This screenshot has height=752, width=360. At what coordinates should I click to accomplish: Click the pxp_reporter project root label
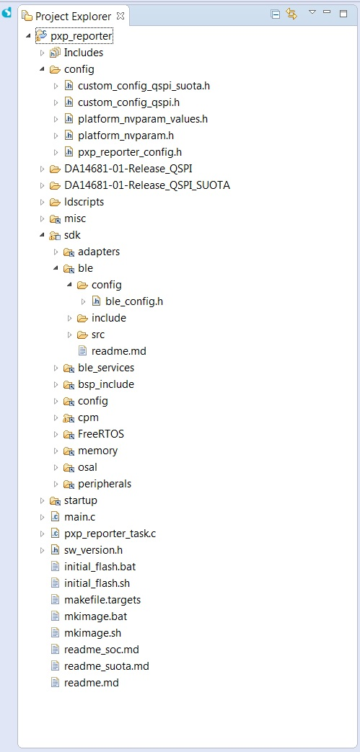[82, 36]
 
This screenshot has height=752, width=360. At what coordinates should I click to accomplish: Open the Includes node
[84, 53]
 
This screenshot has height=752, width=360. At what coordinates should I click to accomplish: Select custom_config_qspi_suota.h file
[144, 87]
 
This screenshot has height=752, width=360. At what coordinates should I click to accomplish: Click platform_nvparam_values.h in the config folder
[143, 119]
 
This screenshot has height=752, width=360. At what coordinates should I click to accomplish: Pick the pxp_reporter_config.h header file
[130, 153]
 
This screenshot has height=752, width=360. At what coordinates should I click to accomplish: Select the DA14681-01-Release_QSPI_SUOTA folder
[147, 185]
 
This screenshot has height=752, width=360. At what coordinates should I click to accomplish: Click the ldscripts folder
[84, 202]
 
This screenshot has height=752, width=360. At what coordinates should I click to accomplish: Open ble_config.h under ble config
[134, 301]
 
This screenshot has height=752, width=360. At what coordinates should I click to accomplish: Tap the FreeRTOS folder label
[101, 434]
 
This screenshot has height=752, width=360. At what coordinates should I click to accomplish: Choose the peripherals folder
[105, 484]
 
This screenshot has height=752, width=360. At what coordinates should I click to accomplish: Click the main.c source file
[79, 517]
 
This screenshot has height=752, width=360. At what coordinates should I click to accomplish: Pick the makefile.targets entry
[102, 600]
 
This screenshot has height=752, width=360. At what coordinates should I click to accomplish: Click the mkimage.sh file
[92, 633]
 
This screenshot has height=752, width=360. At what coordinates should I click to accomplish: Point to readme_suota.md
[107, 666]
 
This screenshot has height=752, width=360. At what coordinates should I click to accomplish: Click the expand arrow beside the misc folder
[43, 218]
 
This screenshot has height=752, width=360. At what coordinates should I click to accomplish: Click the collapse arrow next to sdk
[43, 236]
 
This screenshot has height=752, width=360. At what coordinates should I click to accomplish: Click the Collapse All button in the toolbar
[276, 14]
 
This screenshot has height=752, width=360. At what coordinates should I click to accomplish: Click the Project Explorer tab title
[73, 17]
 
